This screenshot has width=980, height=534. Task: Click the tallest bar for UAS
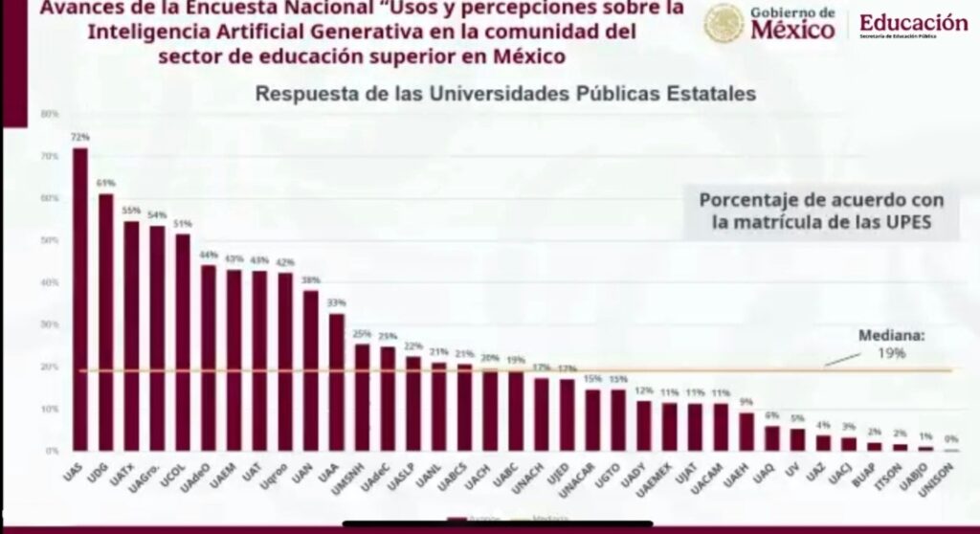point(80,299)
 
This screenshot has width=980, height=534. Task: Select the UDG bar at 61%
point(106,322)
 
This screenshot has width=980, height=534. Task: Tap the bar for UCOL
point(183,342)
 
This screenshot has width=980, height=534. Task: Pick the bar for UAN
point(311,370)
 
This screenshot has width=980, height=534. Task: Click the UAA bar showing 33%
point(337,382)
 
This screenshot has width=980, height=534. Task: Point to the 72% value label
point(79,137)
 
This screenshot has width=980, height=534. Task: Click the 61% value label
point(105,183)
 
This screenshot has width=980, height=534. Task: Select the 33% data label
point(337,303)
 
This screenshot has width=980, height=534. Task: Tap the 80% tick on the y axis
point(50,114)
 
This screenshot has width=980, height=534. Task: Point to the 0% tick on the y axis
point(52,451)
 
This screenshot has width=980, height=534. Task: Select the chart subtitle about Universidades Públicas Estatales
point(504,95)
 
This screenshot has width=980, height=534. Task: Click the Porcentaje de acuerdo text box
point(821,211)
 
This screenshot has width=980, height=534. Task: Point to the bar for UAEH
point(746,432)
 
